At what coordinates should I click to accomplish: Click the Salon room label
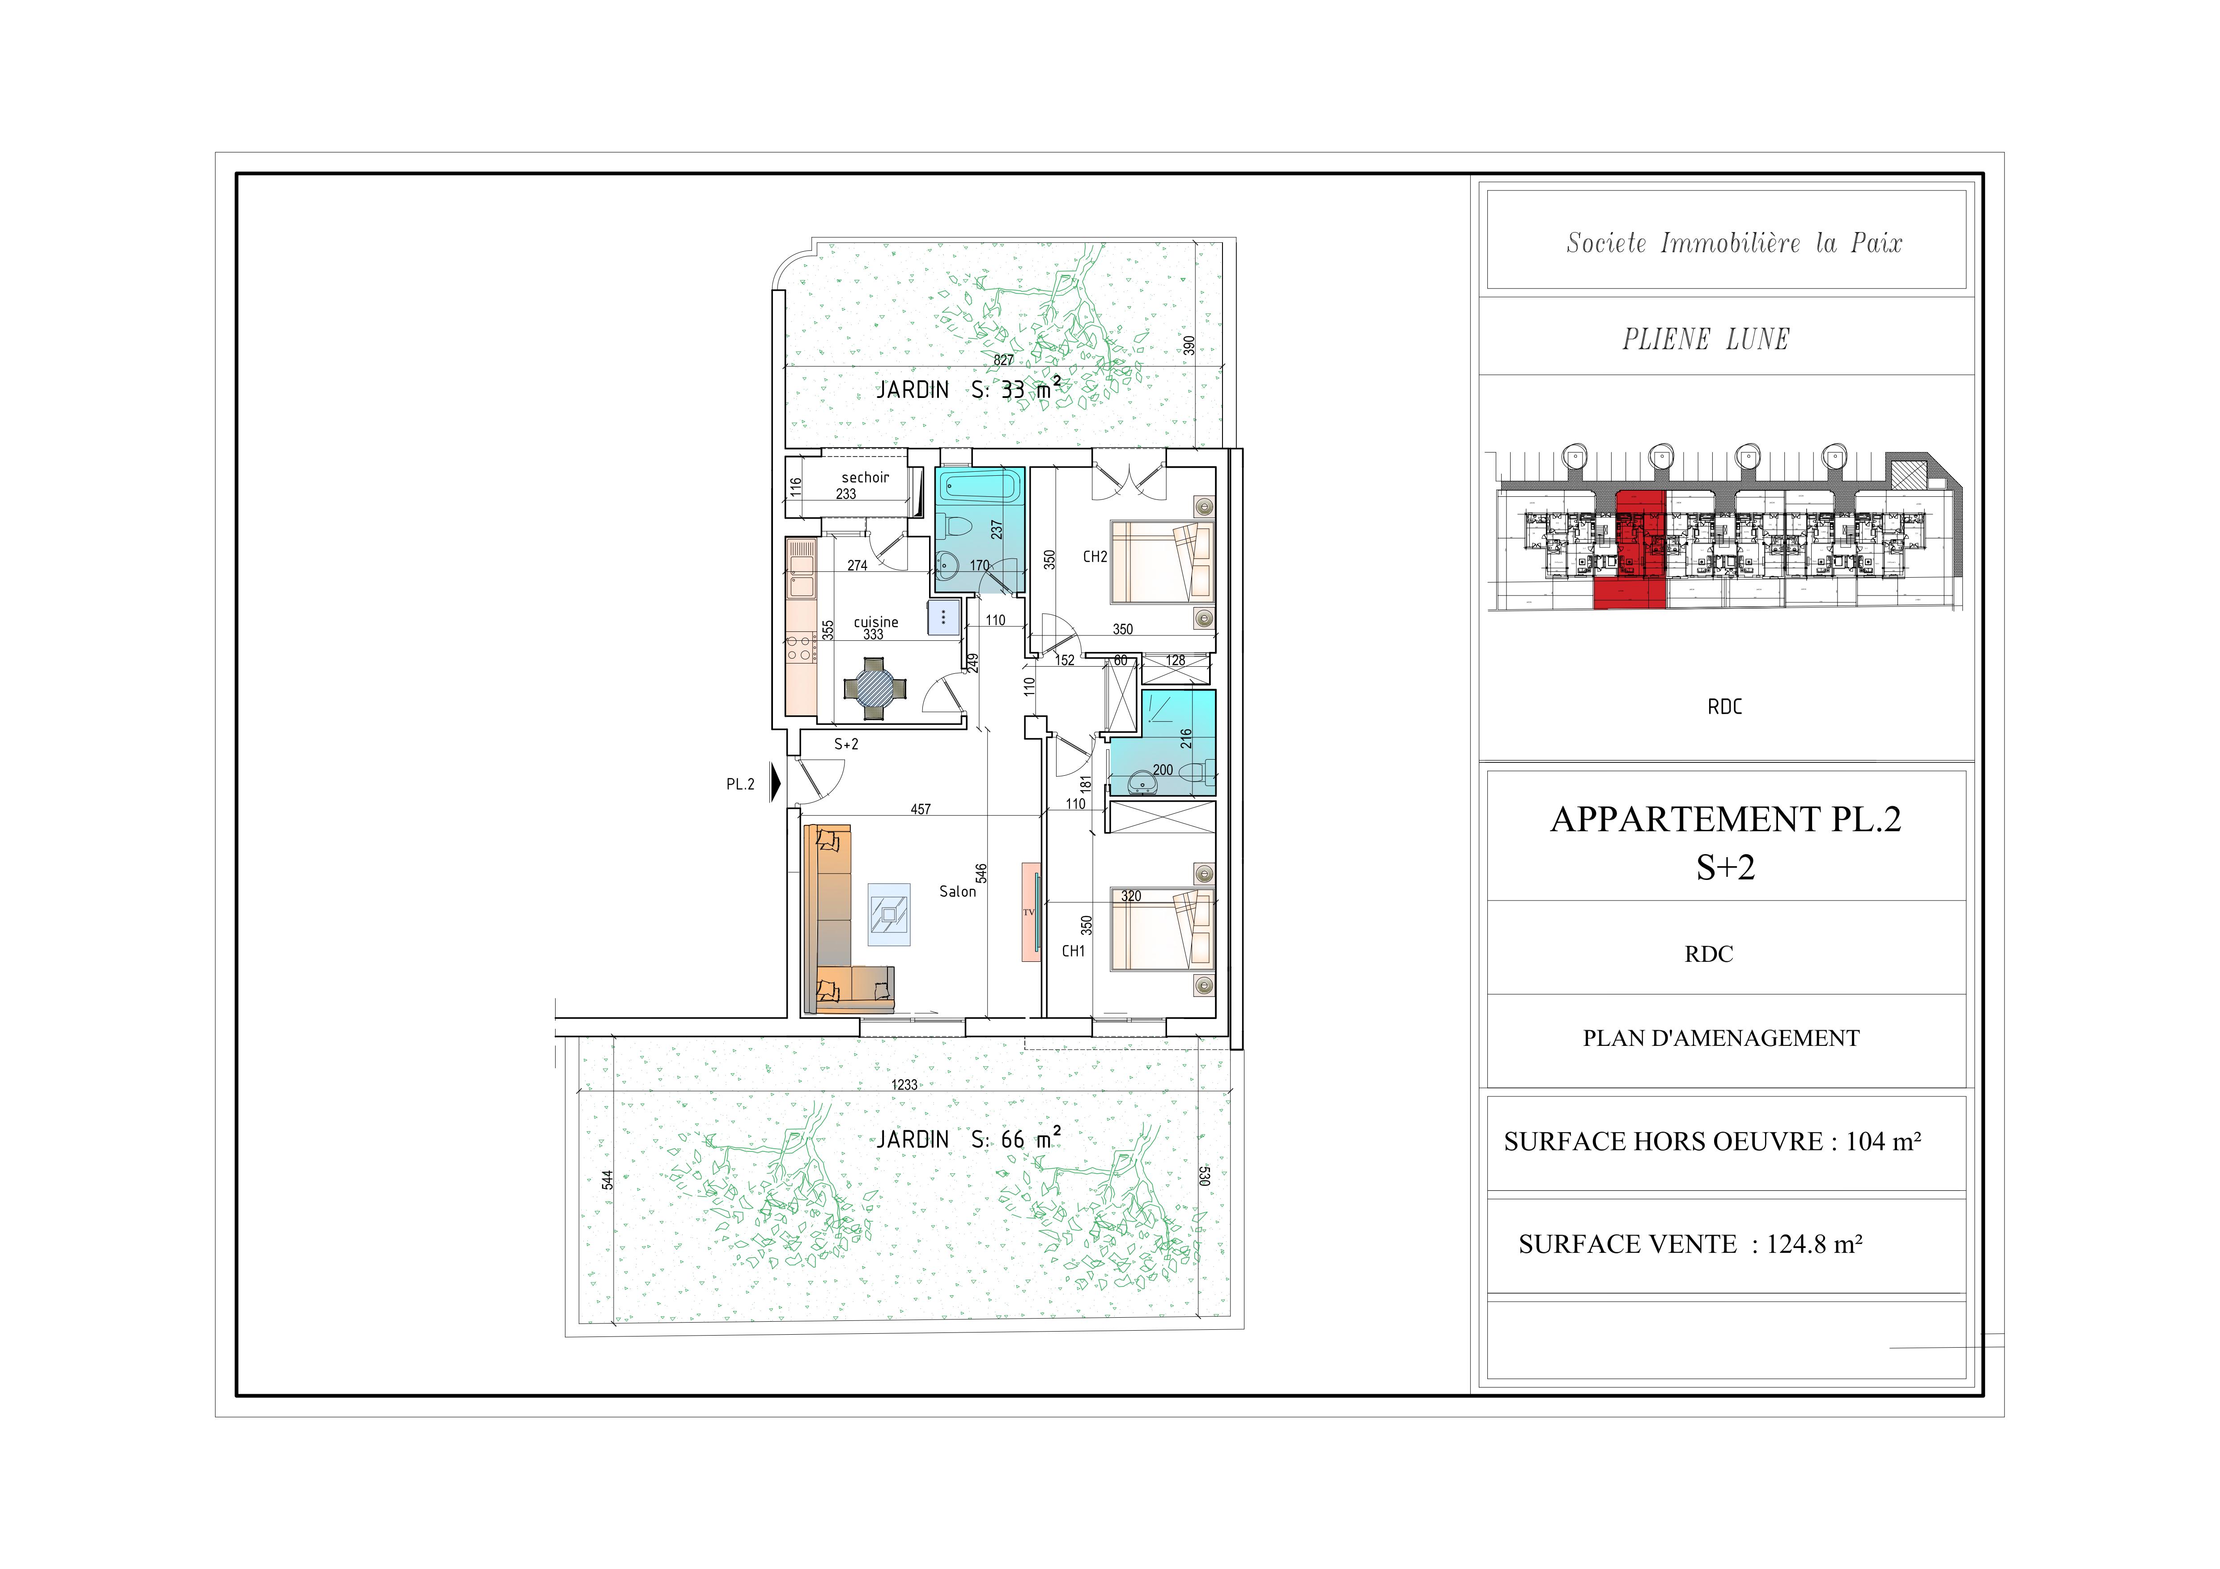pos(957,891)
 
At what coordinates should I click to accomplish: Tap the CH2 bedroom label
pos(1095,557)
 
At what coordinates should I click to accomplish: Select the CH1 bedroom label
pos(1073,951)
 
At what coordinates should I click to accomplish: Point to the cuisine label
pos(876,622)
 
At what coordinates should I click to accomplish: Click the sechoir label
pos(866,478)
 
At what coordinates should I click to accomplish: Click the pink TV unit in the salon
pos(1031,912)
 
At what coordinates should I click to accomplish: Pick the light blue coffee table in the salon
pos(888,913)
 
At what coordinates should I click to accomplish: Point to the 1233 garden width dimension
pos(904,1085)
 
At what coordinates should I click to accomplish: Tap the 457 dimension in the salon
pos(921,809)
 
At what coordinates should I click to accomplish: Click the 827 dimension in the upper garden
pos(1004,360)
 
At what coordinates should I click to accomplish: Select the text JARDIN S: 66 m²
pos(968,1139)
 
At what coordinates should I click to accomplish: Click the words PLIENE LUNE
pos(1706,339)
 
